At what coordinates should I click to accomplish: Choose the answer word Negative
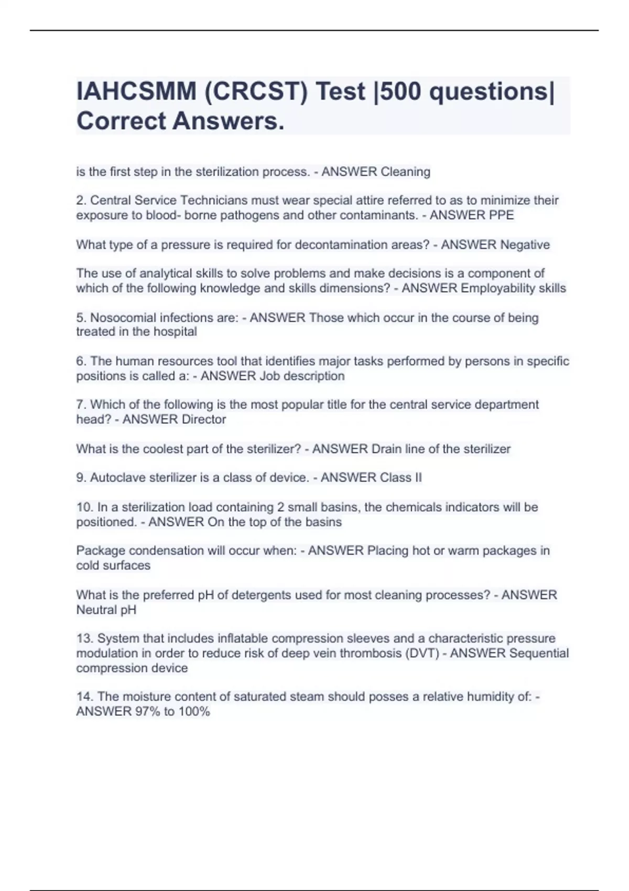(x=525, y=245)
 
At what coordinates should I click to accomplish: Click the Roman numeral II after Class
(x=418, y=477)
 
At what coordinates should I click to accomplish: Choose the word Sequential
(x=539, y=654)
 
